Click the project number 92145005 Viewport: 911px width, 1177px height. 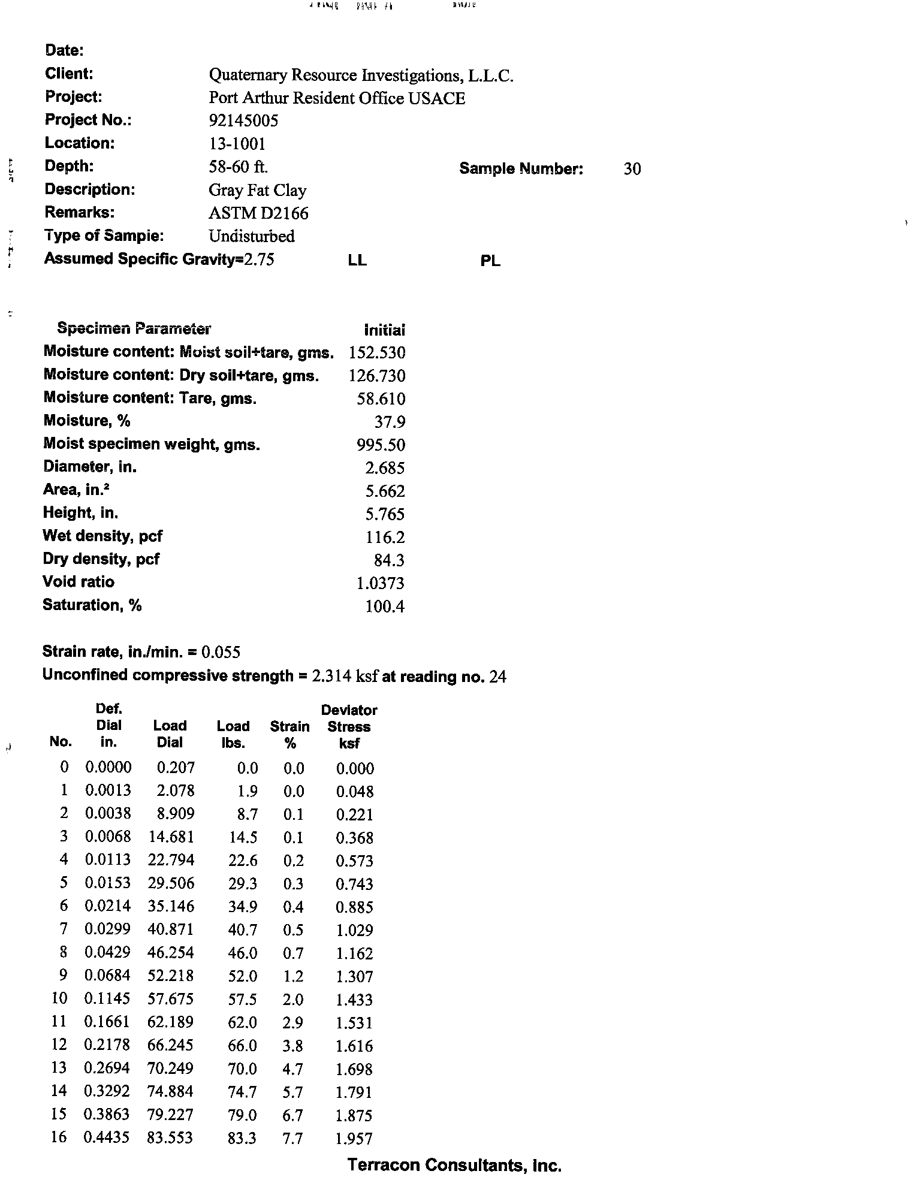(x=243, y=121)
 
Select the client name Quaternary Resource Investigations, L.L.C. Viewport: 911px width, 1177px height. (x=361, y=76)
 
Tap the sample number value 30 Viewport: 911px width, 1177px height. (x=632, y=169)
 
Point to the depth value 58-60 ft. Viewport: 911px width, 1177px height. (x=238, y=167)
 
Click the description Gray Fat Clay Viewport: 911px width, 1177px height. (x=257, y=191)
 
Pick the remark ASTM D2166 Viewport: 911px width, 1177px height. (x=258, y=213)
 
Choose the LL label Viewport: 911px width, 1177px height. (x=357, y=261)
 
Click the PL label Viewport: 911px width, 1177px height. (x=490, y=261)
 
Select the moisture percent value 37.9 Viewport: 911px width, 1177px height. (x=390, y=422)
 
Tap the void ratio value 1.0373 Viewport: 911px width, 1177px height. (x=381, y=583)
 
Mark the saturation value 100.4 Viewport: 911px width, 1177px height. (x=385, y=607)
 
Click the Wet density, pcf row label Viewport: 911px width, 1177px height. (x=102, y=536)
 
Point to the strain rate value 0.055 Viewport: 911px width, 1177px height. (x=221, y=652)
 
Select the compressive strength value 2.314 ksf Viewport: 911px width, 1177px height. (x=345, y=677)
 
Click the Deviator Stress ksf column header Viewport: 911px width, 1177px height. (x=349, y=726)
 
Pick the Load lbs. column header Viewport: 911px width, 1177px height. (x=233, y=734)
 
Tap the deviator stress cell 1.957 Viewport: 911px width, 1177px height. (x=354, y=1139)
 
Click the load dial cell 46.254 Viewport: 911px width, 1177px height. (x=171, y=953)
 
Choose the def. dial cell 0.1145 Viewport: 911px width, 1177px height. (x=107, y=999)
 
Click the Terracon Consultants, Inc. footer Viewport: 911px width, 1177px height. (x=454, y=1165)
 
